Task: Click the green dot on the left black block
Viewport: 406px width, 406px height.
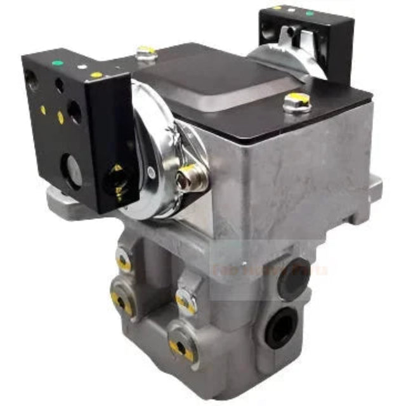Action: (59, 63)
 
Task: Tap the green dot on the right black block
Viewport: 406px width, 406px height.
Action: (310, 13)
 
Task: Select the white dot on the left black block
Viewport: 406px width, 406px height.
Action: (81, 67)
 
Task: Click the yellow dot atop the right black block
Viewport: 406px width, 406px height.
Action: (276, 8)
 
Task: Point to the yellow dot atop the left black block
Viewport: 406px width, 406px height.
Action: (96, 75)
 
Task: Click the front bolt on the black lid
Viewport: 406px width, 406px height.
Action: (296, 102)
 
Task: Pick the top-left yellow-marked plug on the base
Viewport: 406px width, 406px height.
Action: (124, 261)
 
